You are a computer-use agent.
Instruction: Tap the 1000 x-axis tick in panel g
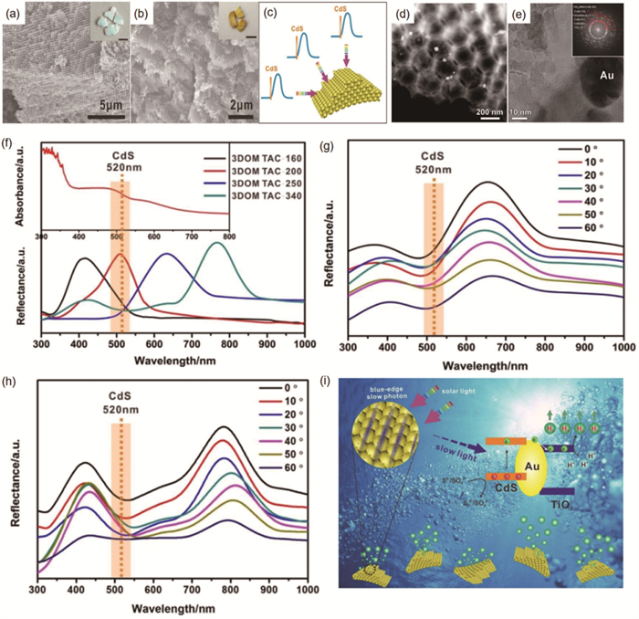623,349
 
